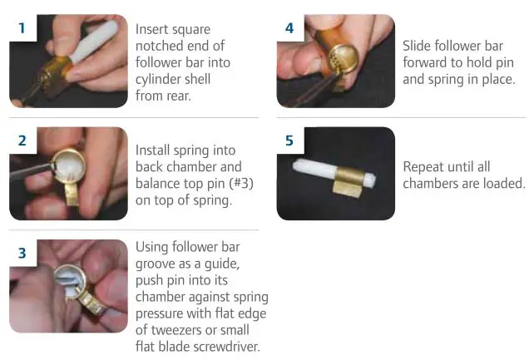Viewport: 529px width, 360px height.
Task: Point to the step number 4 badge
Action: coord(289,27)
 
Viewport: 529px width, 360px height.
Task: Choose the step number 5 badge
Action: coord(289,141)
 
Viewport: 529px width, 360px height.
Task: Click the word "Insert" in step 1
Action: coord(154,29)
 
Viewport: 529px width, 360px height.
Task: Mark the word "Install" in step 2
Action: coord(155,150)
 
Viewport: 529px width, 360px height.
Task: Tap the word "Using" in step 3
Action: coord(153,249)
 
